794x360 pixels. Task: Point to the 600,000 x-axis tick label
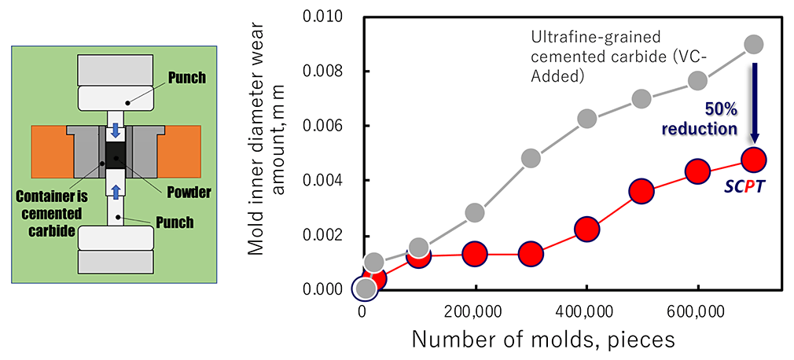click(697, 310)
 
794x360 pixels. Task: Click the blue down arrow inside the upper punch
click(116, 130)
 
